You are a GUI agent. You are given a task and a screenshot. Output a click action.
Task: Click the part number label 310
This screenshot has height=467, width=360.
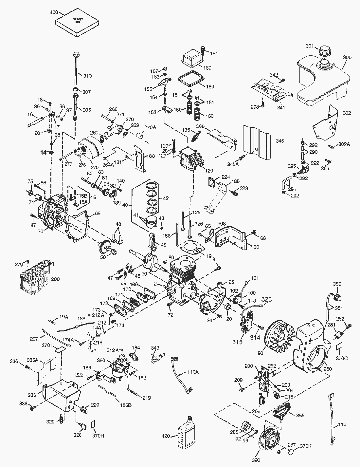(x=87, y=76)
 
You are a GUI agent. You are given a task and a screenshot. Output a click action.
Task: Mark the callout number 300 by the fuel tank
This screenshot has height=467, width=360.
(x=347, y=57)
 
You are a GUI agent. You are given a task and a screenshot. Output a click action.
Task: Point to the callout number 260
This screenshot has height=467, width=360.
(x=327, y=369)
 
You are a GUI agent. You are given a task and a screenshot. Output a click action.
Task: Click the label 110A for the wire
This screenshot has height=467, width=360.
(x=193, y=372)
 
